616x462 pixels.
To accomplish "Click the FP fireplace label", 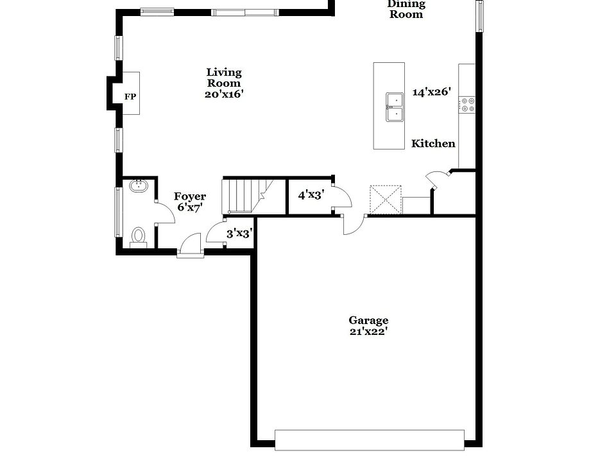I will tap(130, 97).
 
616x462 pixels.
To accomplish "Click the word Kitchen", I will tap(433, 144).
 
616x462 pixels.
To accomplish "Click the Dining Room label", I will tap(406, 9).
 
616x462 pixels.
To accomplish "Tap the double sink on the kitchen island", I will tap(395, 107).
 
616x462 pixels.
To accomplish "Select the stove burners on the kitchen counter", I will tap(466, 105).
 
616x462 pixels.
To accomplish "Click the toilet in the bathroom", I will tap(138, 237).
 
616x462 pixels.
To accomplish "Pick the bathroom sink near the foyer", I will tap(138, 187).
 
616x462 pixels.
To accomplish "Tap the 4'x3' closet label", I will tap(311, 193).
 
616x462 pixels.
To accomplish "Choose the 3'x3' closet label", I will tap(239, 234).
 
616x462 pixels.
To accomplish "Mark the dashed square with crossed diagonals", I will tap(385, 200).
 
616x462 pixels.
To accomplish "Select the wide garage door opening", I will tap(369, 440).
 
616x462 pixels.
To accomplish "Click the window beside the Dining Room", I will tap(479, 15).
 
